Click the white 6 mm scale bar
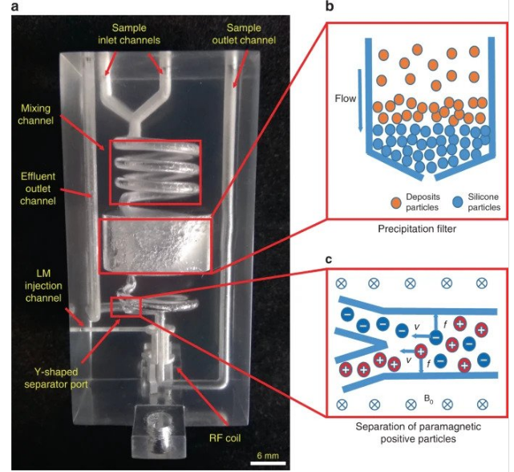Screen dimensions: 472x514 pyautogui.click(x=270, y=462)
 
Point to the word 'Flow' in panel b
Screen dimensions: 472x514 pyautogui.click(x=344, y=100)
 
